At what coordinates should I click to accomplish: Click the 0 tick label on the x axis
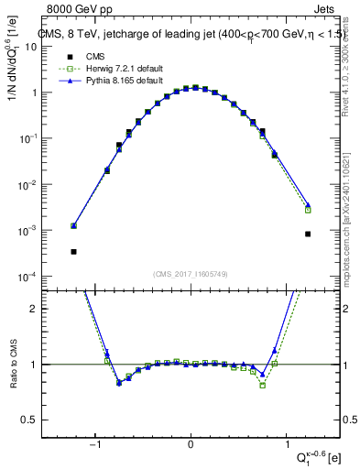tap(191, 445)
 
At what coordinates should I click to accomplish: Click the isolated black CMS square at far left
tap(73, 251)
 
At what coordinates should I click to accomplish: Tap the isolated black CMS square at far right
tap(308, 234)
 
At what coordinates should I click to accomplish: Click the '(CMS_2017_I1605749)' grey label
tap(191, 273)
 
